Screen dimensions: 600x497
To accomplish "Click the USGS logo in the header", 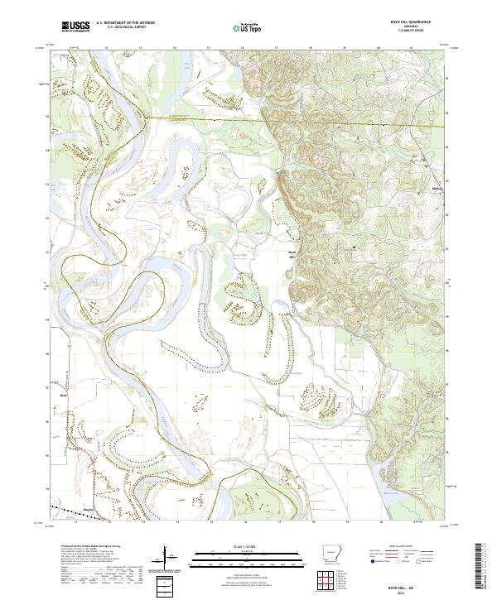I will [x=75, y=27].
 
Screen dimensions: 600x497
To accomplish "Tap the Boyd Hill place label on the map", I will [x=292, y=253].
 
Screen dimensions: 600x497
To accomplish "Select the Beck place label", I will [x=63, y=396].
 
